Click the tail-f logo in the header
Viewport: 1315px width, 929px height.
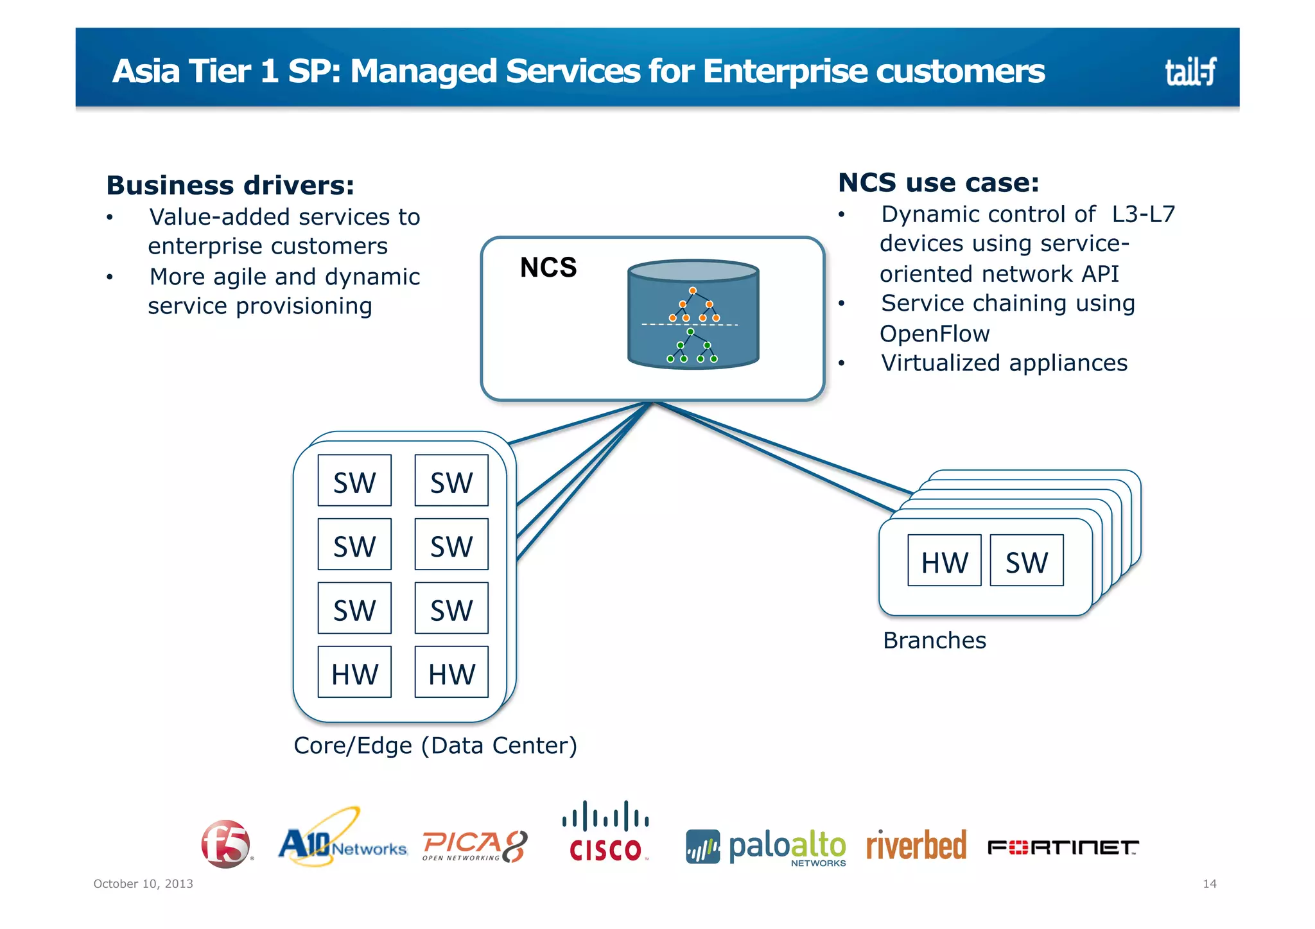(1190, 71)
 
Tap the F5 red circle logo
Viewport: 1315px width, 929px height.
(225, 844)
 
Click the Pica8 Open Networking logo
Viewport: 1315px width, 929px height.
(475, 846)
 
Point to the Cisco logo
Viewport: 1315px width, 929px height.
(605, 832)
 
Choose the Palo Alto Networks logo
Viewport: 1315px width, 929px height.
(766, 847)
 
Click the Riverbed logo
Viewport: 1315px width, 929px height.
(916, 845)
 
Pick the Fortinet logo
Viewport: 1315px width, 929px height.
(1063, 847)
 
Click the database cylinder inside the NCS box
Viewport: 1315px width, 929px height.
(693, 314)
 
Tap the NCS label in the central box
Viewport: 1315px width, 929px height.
(548, 267)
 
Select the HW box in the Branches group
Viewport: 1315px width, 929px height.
(944, 561)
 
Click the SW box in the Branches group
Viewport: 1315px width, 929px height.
(1026, 561)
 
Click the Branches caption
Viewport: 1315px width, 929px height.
(934, 640)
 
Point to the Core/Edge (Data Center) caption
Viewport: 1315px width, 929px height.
(435, 745)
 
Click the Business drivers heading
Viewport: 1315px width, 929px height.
(230, 186)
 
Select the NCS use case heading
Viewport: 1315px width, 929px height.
(938, 183)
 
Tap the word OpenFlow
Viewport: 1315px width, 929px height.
(934, 334)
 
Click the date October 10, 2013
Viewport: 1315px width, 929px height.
(143, 883)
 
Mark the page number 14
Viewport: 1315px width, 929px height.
(1209, 883)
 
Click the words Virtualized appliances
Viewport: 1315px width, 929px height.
(1004, 363)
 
